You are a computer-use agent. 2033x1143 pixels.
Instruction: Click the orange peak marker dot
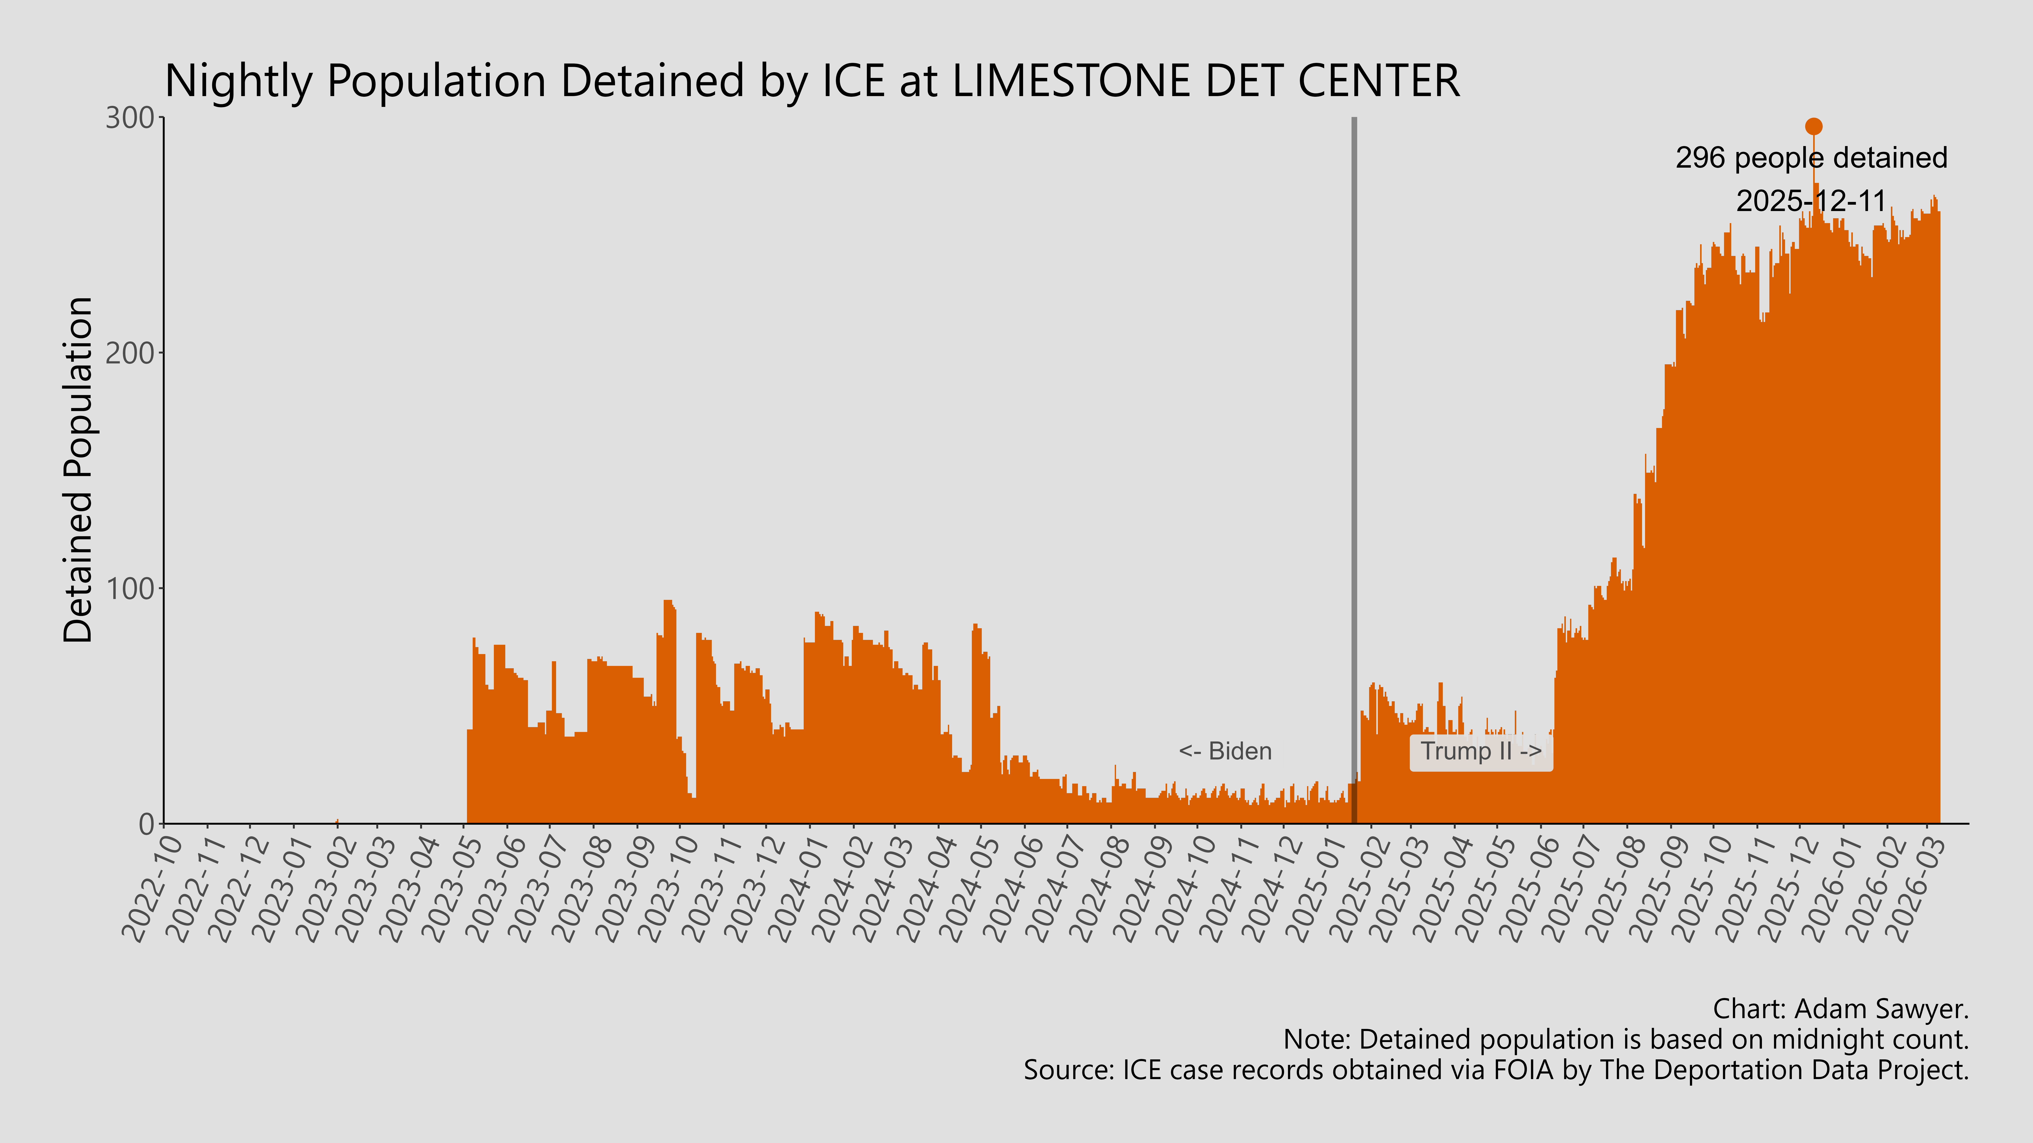(1814, 126)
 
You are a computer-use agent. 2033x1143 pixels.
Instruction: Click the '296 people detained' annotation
(1811, 158)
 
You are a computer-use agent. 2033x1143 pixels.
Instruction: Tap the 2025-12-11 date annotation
(1811, 201)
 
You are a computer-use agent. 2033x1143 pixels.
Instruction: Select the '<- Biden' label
(1225, 751)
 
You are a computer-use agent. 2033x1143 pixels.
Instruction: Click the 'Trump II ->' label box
(1480, 751)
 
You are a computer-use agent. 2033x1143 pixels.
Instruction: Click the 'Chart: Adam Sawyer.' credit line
(1841, 1009)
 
